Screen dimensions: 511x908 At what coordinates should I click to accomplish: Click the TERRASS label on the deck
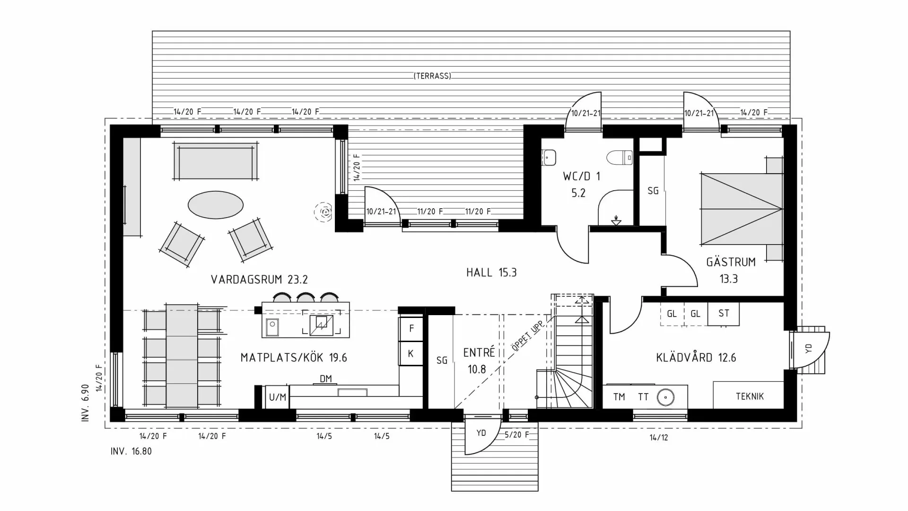(x=432, y=76)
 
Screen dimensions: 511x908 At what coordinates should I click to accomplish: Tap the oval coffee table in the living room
(x=216, y=205)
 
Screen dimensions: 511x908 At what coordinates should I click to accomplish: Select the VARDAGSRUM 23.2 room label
(x=259, y=280)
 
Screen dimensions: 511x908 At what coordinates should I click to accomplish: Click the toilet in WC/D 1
(x=620, y=158)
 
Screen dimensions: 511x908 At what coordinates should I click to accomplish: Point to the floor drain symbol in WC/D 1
(x=616, y=220)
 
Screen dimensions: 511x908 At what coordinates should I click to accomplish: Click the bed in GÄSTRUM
(x=741, y=209)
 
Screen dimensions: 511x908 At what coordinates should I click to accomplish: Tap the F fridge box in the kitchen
(x=411, y=328)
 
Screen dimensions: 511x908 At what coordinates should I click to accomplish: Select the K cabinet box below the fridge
(x=410, y=353)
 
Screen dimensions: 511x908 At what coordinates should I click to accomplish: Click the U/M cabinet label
(x=278, y=397)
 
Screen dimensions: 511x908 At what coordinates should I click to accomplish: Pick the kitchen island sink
(x=272, y=326)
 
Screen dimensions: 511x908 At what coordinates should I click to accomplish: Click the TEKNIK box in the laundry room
(x=749, y=396)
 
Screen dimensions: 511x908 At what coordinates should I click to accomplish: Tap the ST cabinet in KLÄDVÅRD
(x=723, y=313)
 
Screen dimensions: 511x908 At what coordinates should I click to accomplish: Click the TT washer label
(x=643, y=397)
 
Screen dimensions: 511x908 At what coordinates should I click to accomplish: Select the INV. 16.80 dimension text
(x=131, y=451)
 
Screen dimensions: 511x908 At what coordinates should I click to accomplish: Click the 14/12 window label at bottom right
(x=658, y=438)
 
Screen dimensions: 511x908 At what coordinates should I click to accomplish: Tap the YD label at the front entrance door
(x=481, y=433)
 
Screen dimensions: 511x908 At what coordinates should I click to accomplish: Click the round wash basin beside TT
(x=665, y=397)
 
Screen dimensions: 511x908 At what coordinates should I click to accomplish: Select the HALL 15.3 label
(x=491, y=273)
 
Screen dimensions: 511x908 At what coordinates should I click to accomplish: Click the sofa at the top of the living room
(x=215, y=161)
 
